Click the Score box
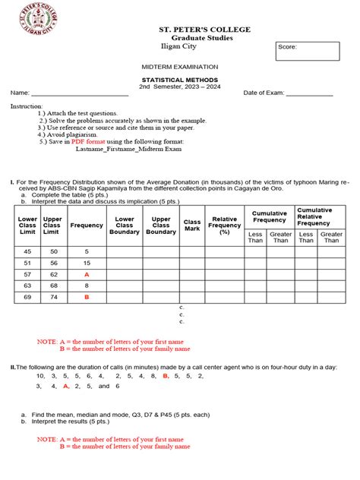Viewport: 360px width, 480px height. point(307,51)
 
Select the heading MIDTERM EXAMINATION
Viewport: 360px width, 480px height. point(180,67)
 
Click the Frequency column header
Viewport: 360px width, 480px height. point(87,226)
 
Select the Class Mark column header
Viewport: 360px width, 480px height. point(192,226)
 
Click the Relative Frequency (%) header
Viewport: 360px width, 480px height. point(225,226)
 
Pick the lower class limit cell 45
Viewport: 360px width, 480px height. point(28,251)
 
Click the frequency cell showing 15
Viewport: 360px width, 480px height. point(87,263)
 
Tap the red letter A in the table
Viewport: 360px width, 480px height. point(87,274)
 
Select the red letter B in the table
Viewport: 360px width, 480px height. point(87,297)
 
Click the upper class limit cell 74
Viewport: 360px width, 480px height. point(53,297)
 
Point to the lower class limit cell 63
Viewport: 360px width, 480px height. point(28,286)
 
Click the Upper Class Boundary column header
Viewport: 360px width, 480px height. point(161,226)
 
